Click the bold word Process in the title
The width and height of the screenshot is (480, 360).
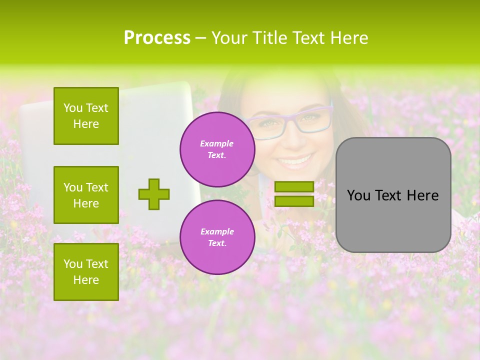click(157, 38)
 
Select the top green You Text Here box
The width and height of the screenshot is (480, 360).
click(86, 116)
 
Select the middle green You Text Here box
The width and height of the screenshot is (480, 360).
click(86, 195)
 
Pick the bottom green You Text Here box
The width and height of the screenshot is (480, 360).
click(86, 271)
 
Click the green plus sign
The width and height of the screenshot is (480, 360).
click(154, 194)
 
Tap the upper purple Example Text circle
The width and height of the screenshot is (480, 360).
click(217, 149)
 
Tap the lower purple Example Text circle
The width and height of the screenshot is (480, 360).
click(217, 237)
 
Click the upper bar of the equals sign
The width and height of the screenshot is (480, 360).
click(294, 186)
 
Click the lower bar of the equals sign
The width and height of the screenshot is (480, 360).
click(294, 201)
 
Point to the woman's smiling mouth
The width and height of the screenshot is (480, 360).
click(294, 161)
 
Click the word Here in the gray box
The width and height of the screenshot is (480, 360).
click(421, 195)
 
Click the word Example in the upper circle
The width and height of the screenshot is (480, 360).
click(217, 143)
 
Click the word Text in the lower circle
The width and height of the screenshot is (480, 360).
click(217, 243)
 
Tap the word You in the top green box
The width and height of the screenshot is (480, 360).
click(73, 108)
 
